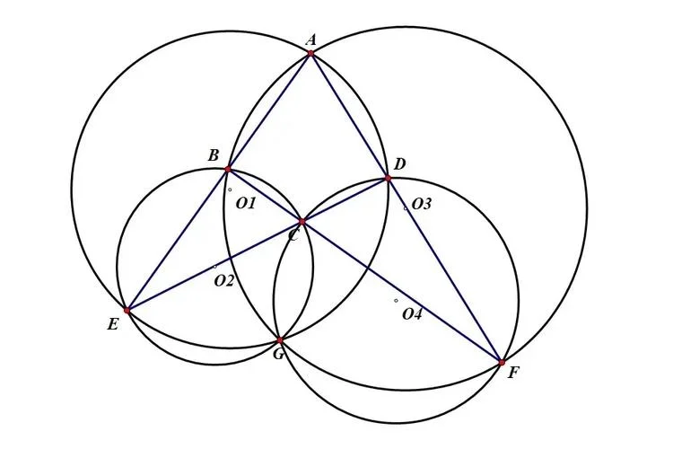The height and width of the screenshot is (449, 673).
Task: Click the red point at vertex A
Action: coord(310,53)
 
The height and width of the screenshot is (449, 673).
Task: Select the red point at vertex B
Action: coord(228,170)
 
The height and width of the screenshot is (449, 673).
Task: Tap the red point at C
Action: coord(302,222)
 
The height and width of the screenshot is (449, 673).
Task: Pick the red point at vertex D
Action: coord(388,178)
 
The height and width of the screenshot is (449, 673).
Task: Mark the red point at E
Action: coord(127,310)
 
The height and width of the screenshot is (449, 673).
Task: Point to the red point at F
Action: coord(502,363)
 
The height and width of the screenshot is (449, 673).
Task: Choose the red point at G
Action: coord(280,340)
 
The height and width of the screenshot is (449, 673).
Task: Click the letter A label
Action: coord(311,40)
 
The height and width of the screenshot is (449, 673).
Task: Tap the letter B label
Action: coord(214,155)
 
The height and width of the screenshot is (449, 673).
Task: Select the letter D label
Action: coord(399,164)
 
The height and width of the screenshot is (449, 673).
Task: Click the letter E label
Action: coord(112,324)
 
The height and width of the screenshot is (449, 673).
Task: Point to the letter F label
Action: coord(513,373)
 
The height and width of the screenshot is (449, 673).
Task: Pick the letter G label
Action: coord(278,354)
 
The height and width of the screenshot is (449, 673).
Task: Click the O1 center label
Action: coord(246,203)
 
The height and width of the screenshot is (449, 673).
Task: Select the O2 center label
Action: coord(224,281)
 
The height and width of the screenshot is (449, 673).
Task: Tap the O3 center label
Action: coord(421,204)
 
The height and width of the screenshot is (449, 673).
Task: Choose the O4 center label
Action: coord(412,315)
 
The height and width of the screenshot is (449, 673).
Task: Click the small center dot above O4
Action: coord(396,301)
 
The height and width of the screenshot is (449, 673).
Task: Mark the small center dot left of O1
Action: coord(230,189)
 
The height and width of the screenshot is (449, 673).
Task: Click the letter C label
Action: coord(293,236)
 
